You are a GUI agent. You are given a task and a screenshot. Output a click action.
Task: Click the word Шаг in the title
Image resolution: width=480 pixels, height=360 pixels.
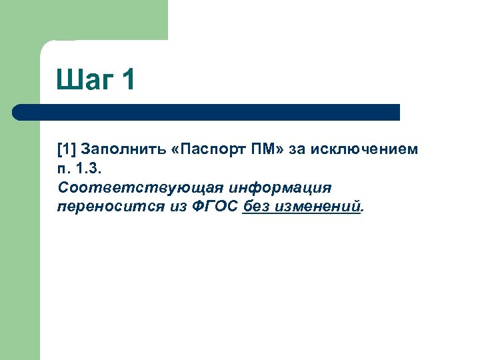pyautogui.click(x=85, y=81)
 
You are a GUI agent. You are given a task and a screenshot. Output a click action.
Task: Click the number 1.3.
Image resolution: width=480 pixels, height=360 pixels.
pyautogui.click(x=89, y=169)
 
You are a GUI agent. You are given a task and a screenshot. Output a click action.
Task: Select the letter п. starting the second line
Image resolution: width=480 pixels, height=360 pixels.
pyautogui.click(x=64, y=169)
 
